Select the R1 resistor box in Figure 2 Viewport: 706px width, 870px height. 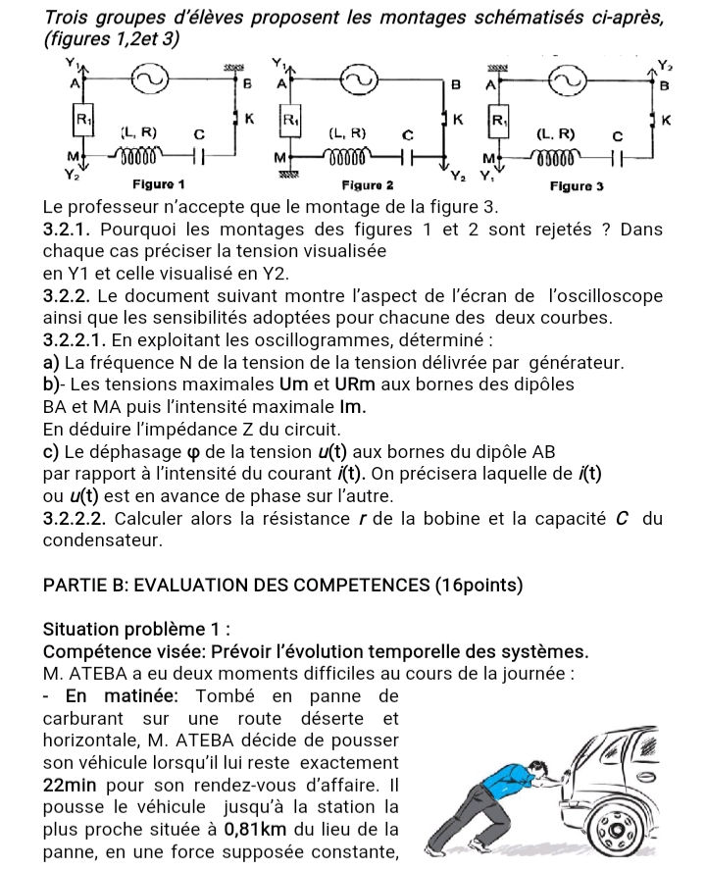coord(290,124)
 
